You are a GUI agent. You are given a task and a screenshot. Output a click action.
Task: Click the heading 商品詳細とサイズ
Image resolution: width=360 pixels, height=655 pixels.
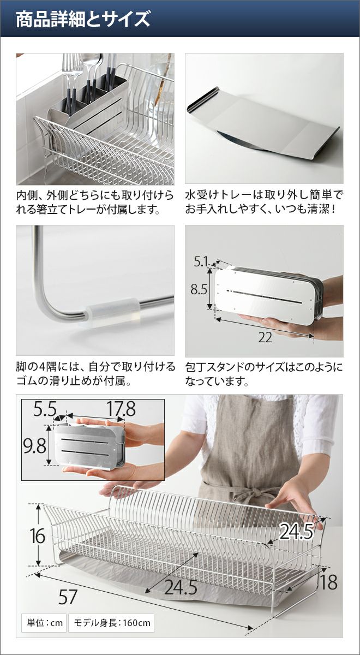pyautogui.click(x=83, y=19)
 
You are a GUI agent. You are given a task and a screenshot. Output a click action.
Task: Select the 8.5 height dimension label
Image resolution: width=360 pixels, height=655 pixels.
pyautogui.click(x=199, y=290)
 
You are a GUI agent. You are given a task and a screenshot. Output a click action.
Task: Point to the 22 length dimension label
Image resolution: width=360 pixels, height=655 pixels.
pyautogui.click(x=265, y=338)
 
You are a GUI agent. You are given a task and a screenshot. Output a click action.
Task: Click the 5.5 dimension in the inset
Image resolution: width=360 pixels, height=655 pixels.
pyautogui.click(x=45, y=409)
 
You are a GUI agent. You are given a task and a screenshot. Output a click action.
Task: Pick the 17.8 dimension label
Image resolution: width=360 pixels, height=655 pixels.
pyautogui.click(x=121, y=409)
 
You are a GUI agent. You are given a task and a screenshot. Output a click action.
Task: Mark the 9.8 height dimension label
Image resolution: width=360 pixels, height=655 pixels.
pyautogui.click(x=35, y=447)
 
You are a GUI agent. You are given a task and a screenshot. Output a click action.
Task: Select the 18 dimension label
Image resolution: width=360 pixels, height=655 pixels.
pyautogui.click(x=329, y=566)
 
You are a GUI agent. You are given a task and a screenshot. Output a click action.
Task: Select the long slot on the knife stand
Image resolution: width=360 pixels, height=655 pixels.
pyautogui.click(x=263, y=296)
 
